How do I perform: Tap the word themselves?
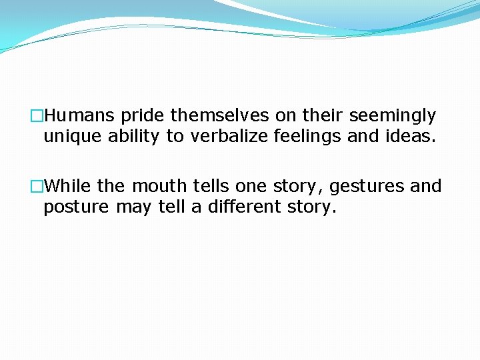click(220, 116)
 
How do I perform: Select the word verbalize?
click(219, 137)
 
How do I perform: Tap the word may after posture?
click(133, 208)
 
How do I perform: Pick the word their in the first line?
click(323, 116)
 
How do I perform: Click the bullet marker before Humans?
click(37, 117)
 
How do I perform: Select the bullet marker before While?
click(37, 186)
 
